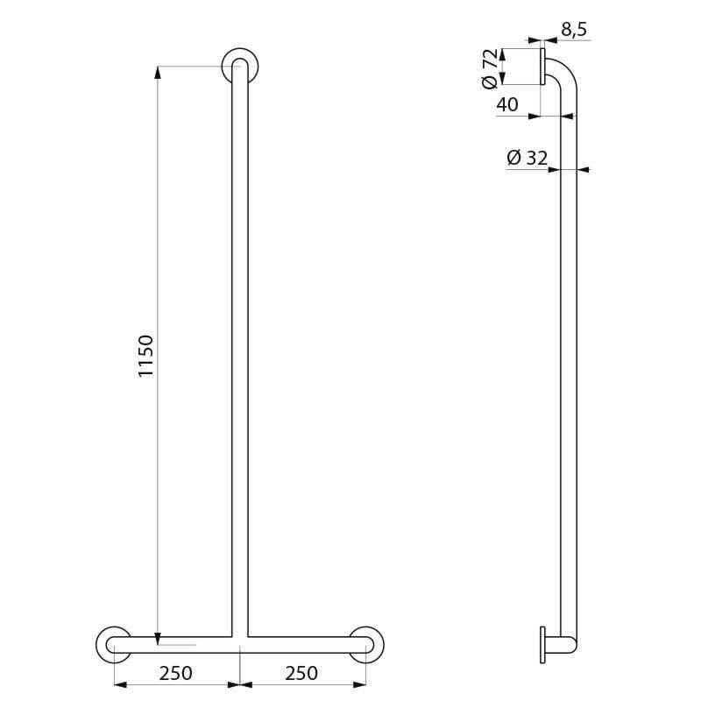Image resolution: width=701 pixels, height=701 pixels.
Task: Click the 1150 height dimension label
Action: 145,356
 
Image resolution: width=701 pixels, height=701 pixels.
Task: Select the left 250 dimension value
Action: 176,673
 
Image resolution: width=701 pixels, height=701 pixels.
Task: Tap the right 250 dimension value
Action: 301,673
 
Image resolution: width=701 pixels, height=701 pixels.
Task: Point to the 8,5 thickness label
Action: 573,30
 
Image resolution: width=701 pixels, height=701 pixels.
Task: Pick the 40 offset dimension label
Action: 507,105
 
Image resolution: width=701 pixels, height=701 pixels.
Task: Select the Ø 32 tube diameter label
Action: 528,158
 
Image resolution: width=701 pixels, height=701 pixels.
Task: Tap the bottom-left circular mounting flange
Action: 113,645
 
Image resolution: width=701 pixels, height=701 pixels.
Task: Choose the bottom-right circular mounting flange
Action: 366,645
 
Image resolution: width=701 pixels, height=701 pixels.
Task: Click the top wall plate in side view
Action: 543,67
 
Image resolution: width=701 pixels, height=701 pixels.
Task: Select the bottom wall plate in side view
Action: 543,644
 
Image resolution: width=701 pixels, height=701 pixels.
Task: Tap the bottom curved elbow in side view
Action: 570,644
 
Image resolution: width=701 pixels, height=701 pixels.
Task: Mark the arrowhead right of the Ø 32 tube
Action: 584,170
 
